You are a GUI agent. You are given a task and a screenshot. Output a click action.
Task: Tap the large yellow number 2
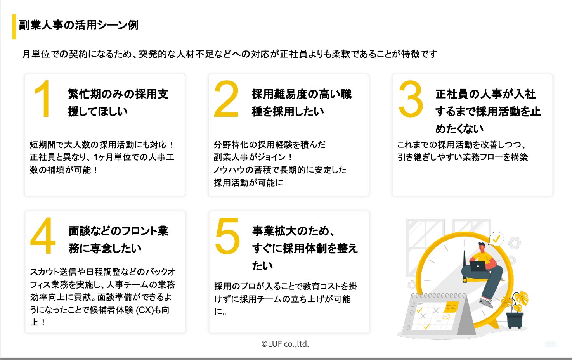(226, 99)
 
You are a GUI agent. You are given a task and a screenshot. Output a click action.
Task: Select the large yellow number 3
(411, 99)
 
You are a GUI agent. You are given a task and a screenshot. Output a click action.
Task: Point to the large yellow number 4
(43, 235)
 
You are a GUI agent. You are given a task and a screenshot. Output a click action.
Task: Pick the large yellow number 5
(227, 236)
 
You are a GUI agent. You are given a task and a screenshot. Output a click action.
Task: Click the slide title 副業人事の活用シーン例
(79, 25)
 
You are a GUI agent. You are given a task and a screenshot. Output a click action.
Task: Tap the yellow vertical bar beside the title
(14, 26)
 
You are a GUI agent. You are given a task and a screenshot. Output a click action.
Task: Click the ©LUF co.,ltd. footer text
(285, 344)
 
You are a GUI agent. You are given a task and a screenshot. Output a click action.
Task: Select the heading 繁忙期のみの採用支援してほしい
(118, 103)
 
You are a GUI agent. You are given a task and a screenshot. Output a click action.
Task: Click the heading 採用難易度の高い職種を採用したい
(302, 103)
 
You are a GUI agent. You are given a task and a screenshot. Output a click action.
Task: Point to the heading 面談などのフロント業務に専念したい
(118, 239)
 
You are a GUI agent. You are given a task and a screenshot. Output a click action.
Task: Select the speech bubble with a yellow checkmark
(496, 239)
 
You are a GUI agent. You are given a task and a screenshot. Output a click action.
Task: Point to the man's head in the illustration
(482, 247)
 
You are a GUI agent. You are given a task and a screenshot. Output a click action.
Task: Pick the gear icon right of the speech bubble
(515, 243)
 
